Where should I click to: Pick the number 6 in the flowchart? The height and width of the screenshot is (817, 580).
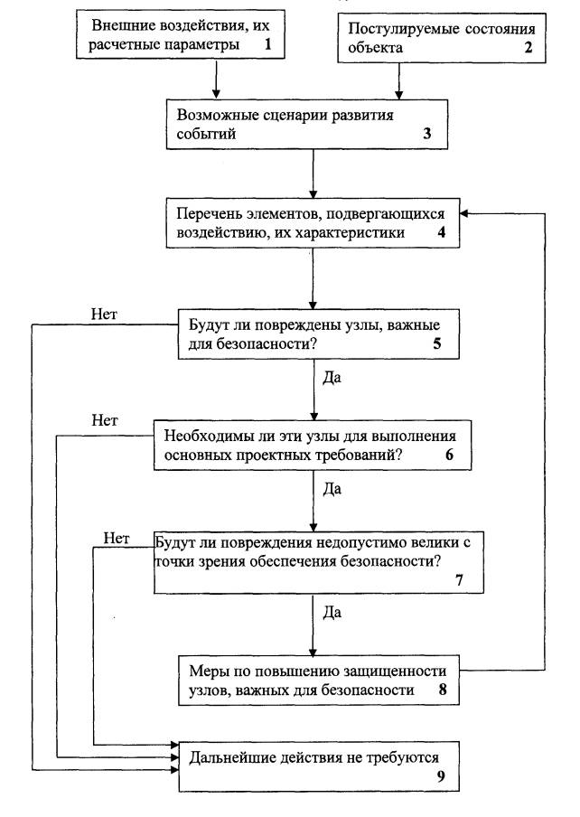click(448, 455)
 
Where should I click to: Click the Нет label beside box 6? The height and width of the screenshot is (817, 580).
click(108, 420)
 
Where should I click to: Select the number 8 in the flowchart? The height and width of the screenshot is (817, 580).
click(443, 690)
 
